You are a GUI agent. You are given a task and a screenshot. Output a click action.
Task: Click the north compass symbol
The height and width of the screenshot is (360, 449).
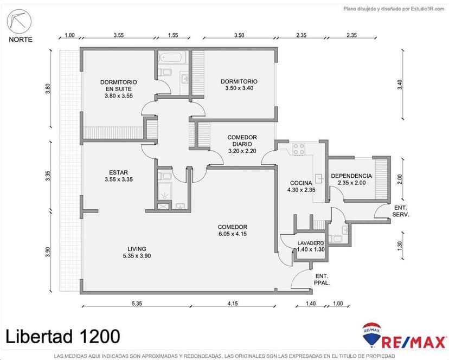(19, 21)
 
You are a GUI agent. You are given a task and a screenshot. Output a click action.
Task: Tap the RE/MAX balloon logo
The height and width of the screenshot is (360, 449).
(372, 334)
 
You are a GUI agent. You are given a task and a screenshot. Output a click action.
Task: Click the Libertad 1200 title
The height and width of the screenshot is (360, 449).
(63, 336)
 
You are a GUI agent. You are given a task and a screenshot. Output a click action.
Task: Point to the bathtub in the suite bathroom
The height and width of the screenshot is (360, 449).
(173, 58)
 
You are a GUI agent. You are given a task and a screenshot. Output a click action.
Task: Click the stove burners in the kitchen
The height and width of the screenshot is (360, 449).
(298, 149)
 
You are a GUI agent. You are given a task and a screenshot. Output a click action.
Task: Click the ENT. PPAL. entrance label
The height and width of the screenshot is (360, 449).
(322, 280)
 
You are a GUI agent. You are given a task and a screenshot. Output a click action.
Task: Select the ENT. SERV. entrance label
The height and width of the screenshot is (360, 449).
(401, 211)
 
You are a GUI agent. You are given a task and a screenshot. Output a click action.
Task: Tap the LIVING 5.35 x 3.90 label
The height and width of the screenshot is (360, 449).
(137, 252)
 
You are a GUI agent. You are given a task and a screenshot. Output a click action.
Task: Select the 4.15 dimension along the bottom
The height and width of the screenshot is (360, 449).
(233, 303)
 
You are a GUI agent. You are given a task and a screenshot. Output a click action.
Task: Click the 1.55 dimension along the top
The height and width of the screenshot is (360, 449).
(173, 35)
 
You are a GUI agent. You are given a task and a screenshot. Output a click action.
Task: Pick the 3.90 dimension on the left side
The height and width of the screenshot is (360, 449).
(48, 252)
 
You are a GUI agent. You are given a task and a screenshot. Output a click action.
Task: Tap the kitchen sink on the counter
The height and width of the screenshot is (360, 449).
(319, 178)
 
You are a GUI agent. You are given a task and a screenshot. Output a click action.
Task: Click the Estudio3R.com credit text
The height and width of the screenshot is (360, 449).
(394, 9)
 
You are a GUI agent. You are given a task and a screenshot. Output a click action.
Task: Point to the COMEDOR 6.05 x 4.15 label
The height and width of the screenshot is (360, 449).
(232, 230)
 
